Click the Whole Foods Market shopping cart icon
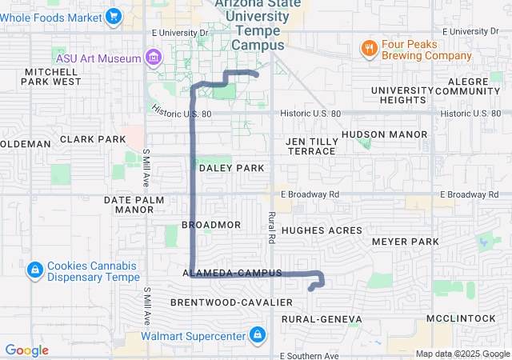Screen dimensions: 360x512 [x=114, y=16]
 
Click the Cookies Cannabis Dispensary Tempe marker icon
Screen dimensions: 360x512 [x=34, y=271]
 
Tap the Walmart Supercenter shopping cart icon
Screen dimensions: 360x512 [x=257, y=334]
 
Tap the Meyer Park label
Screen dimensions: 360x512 [x=406, y=241]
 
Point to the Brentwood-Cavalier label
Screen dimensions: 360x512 [x=220, y=302]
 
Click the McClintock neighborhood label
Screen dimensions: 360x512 [x=462, y=318]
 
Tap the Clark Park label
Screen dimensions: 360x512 [x=93, y=139]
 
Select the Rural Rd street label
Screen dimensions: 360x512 [x=272, y=227]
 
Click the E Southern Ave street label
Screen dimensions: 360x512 [x=310, y=355]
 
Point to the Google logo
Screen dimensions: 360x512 [x=26, y=350]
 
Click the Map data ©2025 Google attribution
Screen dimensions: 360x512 [x=462, y=354]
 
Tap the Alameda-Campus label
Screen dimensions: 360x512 [x=232, y=274]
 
